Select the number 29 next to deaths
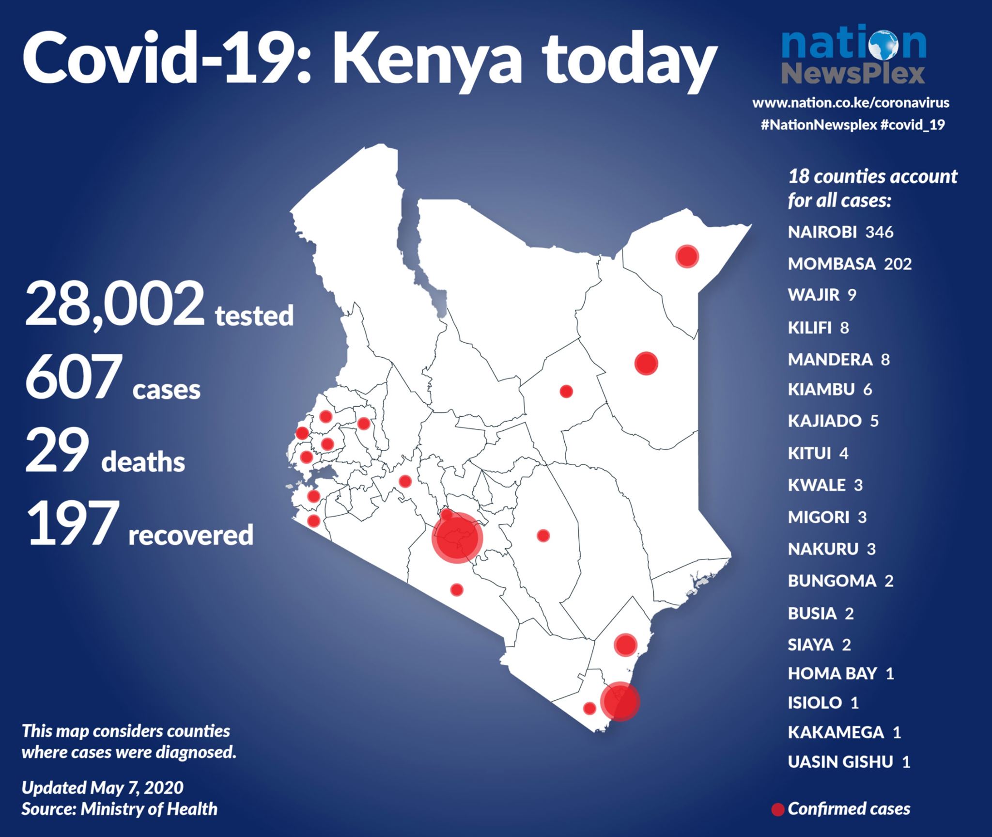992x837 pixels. click(x=57, y=451)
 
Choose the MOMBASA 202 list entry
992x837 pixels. click(x=850, y=264)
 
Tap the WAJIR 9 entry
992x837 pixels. click(x=822, y=295)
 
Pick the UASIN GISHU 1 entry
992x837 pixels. click(x=849, y=762)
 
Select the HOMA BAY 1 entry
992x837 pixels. click(x=841, y=673)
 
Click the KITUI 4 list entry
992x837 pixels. click(x=818, y=454)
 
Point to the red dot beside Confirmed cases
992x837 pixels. click(x=778, y=810)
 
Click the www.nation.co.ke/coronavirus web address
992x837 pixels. click(x=851, y=103)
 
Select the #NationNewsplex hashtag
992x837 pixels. click(x=819, y=125)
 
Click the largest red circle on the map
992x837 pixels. click(x=457, y=537)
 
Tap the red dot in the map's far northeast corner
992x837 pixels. click(x=687, y=256)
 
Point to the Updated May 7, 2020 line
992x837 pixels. click(x=103, y=788)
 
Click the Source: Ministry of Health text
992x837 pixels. click(x=120, y=809)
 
